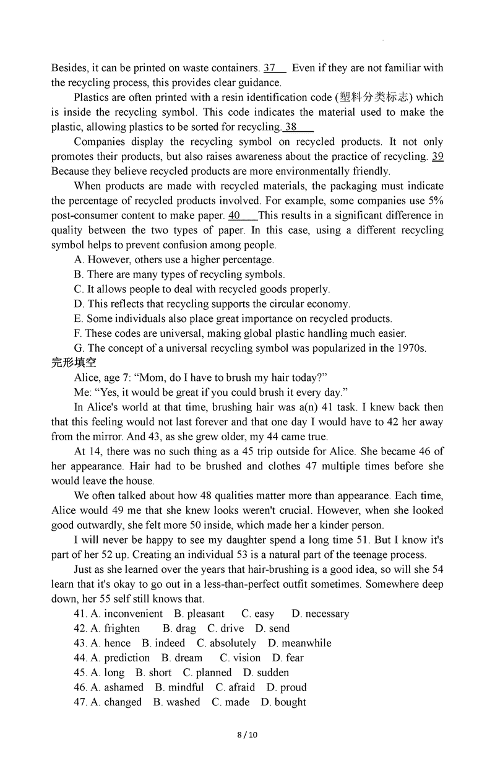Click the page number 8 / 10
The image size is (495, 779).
tap(247, 735)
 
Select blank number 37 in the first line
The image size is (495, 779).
tap(270, 68)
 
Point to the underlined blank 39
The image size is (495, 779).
tap(437, 157)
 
